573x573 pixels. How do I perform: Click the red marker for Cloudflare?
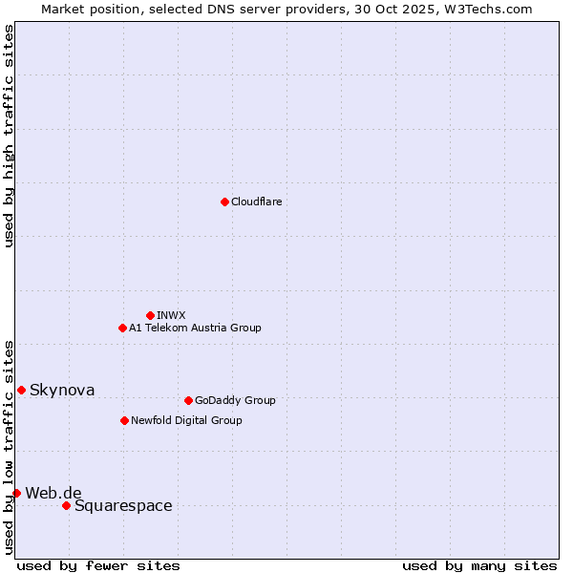224,202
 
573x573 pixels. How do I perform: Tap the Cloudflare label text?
256,202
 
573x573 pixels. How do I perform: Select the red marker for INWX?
150,315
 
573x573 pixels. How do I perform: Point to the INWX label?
171,315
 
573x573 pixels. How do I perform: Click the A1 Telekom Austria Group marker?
122,328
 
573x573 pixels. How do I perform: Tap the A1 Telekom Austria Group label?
195,328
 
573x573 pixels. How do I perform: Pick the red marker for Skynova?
21,390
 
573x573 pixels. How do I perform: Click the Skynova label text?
62,390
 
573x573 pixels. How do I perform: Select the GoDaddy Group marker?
188,400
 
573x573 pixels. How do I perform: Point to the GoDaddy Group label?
235,400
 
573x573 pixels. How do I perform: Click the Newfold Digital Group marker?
124,420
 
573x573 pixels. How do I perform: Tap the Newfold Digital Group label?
186,420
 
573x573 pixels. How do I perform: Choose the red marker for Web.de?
16,493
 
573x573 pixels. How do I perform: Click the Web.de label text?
53,493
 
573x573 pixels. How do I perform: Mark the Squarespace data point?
66,505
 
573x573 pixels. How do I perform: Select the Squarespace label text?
123,505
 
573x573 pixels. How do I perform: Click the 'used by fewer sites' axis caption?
98,565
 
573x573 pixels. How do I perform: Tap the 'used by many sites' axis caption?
479,565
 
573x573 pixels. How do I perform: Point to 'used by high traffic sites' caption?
9,136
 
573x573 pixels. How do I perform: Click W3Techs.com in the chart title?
491,9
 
